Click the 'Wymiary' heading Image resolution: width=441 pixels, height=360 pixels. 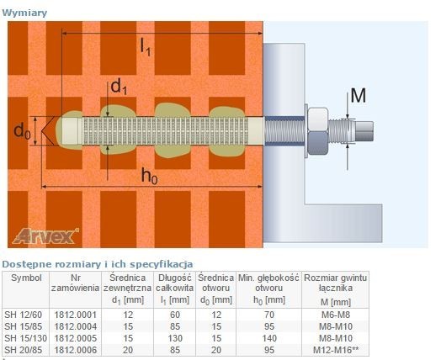(x=24, y=13)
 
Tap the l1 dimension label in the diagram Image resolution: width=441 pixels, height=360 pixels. (x=146, y=46)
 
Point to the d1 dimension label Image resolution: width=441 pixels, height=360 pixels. (x=119, y=87)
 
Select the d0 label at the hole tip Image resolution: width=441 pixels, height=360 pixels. (x=22, y=131)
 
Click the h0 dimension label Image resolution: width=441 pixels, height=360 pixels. (x=149, y=176)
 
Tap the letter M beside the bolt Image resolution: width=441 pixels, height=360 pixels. (x=359, y=96)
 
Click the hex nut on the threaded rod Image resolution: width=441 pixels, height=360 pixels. (x=318, y=131)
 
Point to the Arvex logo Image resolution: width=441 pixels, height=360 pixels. (x=45, y=236)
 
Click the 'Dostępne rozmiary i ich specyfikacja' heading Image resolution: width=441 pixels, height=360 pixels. (x=98, y=264)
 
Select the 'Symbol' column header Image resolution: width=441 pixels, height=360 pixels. (x=26, y=278)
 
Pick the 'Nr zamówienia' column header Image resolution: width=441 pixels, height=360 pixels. (x=75, y=283)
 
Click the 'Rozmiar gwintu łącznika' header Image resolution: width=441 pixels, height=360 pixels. (x=336, y=283)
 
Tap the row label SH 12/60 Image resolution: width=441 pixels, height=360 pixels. (x=23, y=315)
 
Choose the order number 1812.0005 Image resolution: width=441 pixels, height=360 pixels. (x=76, y=338)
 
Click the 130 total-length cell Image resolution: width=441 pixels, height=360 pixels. (x=175, y=338)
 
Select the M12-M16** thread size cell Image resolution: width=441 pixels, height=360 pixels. (x=336, y=350)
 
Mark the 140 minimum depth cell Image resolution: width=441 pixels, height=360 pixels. (x=269, y=338)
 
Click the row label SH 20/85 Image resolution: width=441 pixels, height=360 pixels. (x=23, y=350)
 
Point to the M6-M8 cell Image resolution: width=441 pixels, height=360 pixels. (x=336, y=315)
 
